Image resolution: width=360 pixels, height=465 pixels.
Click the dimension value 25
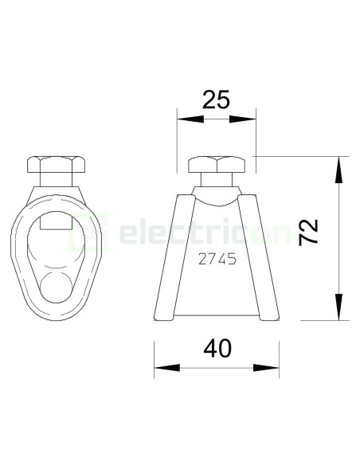(x=215, y=100)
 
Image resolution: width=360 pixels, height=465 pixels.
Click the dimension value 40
(x=217, y=349)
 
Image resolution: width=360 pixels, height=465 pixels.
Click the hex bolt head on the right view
(x=216, y=167)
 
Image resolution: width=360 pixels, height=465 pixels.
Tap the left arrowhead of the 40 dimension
(x=164, y=368)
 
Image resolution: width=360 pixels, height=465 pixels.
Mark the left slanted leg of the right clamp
(x=174, y=255)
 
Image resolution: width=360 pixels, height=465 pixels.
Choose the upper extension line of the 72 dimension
(x=303, y=156)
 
